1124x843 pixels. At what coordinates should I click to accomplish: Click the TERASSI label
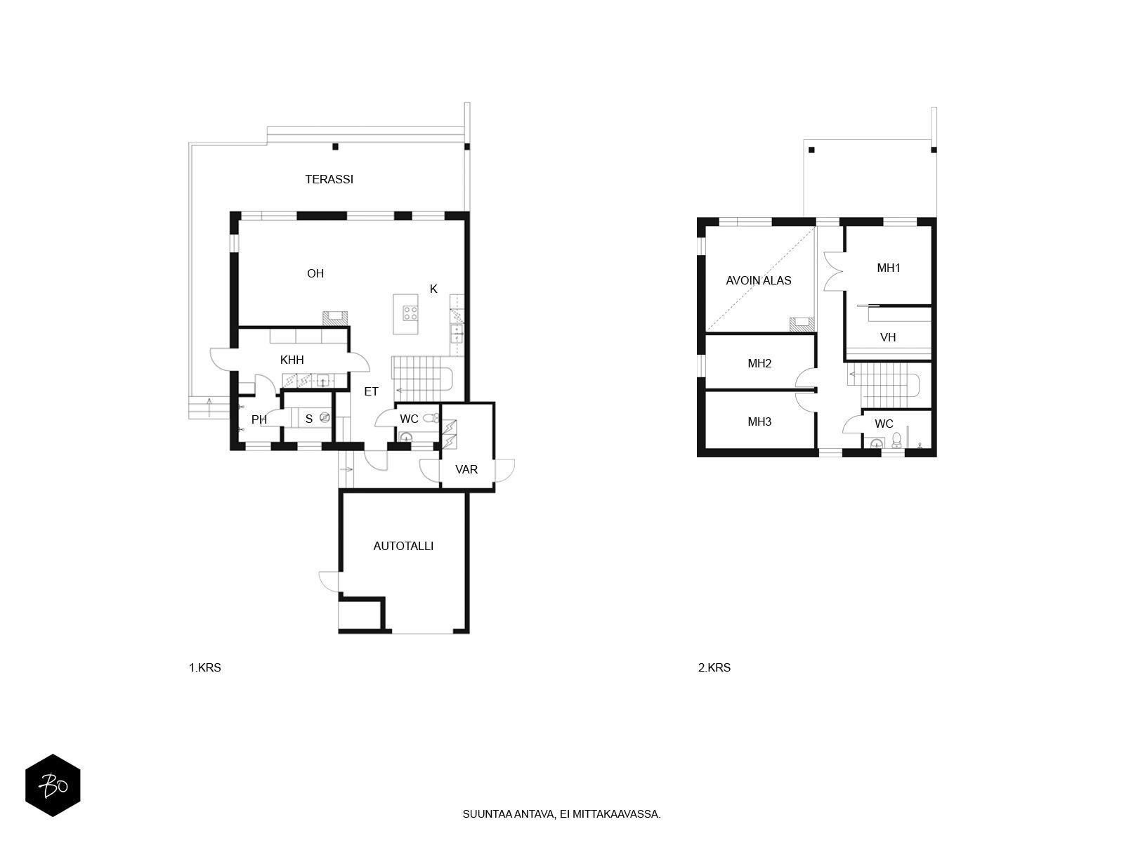[329, 179]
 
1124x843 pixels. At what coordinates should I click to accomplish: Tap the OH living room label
[315, 273]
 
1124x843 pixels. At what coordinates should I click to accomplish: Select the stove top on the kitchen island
[410, 313]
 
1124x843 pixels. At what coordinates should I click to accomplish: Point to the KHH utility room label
[292, 360]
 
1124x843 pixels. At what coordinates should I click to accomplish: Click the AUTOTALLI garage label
[403, 546]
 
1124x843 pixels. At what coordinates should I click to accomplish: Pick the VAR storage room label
[466, 469]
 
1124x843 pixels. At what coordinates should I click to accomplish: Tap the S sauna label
[309, 419]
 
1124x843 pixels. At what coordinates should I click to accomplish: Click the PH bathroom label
[259, 419]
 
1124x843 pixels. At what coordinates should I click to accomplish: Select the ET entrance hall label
[371, 391]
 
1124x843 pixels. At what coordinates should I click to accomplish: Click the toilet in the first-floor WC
[431, 418]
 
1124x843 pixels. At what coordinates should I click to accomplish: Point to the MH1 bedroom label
[889, 268]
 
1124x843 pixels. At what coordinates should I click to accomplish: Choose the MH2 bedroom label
[759, 363]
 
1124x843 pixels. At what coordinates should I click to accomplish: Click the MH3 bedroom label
[759, 421]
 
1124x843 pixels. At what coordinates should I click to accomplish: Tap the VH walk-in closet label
[888, 337]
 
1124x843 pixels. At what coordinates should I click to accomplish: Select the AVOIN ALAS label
[759, 280]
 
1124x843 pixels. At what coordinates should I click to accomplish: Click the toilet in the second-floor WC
[896, 440]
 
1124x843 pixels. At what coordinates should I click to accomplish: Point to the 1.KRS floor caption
[205, 667]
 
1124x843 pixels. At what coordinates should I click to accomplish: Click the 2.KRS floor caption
[714, 667]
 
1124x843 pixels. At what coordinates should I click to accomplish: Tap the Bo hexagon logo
[53, 785]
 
